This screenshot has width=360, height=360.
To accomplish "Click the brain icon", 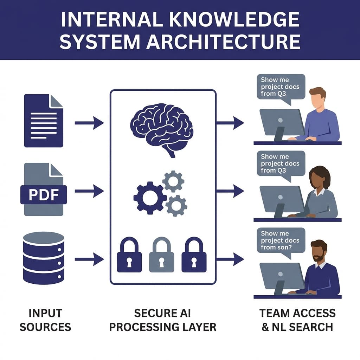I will point(161,128).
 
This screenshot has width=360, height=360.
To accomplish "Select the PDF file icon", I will point(43,190).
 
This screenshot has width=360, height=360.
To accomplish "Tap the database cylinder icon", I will point(43,258).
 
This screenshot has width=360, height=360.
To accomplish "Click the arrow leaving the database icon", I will point(89,259).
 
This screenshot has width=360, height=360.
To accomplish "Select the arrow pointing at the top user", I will point(230,123).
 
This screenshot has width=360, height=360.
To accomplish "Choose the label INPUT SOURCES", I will point(45,320).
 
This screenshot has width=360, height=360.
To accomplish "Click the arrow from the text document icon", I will point(89,123).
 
